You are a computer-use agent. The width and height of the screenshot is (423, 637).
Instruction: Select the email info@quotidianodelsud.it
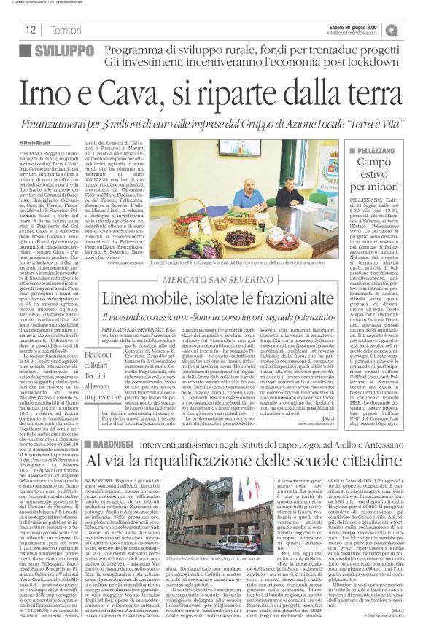(355, 33)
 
